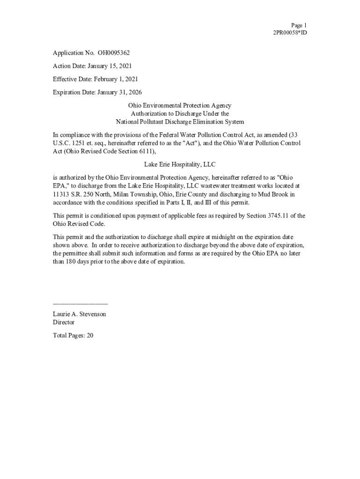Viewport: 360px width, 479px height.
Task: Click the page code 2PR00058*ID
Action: pyautogui.click(x=290, y=33)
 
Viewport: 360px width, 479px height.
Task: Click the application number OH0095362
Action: pyautogui.click(x=114, y=53)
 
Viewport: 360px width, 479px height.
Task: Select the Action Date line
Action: pyautogui.click(x=93, y=66)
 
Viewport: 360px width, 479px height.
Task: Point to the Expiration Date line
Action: pyautogui.click(x=97, y=93)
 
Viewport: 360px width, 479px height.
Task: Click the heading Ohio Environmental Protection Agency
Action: pyautogui.click(x=180, y=106)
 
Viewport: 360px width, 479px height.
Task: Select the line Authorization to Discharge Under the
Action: pyautogui.click(x=180, y=114)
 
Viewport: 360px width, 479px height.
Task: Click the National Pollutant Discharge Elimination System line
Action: pyautogui.click(x=180, y=122)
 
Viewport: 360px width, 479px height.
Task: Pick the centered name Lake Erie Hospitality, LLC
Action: pyautogui.click(x=180, y=165)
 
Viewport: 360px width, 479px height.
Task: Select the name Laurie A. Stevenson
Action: pyautogui.click(x=79, y=314)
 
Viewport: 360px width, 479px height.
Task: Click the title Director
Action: pyautogui.click(x=64, y=322)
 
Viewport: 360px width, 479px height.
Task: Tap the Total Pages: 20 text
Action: pyautogui.click(x=73, y=335)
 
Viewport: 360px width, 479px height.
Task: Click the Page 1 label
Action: pyautogui.click(x=299, y=25)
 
